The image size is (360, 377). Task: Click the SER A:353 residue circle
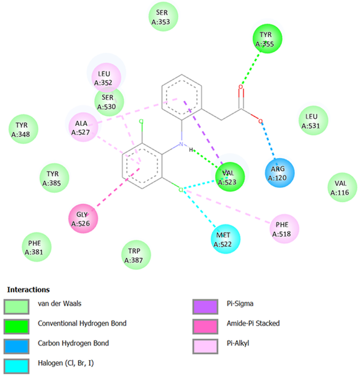pyautogui.click(x=164, y=17)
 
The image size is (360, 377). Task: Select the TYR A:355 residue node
pyautogui.click(x=267, y=38)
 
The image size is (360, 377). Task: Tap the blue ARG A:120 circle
pyautogui.click(x=279, y=173)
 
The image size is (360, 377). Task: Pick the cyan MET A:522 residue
pyautogui.click(x=226, y=239)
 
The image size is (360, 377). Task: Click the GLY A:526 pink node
pyautogui.click(x=83, y=218)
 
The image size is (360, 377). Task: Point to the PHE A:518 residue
pyautogui.click(x=284, y=229)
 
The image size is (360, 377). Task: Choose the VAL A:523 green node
pyautogui.click(x=230, y=177)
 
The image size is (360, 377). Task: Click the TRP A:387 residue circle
pyautogui.click(x=136, y=255)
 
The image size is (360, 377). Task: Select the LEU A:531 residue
pyautogui.click(x=314, y=120)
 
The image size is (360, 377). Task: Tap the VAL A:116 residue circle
pyautogui.click(x=342, y=187)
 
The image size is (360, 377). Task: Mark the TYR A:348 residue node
pyautogui.click(x=24, y=129)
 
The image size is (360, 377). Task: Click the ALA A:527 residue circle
pyautogui.click(x=84, y=127)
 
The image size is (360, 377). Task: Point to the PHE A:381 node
pyautogui.click(x=37, y=247)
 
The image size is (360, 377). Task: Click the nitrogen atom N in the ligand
pyautogui.click(x=181, y=144)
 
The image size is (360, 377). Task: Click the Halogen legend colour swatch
pyautogui.click(x=16, y=366)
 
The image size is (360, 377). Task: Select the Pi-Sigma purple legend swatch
pyautogui.click(x=205, y=306)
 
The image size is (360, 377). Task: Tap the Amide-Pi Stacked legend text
pyautogui.click(x=253, y=324)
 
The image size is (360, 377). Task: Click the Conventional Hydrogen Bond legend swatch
pyautogui.click(x=16, y=326)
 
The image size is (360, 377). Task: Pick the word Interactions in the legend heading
pyautogui.click(x=29, y=290)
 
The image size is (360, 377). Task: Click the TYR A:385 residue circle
pyautogui.click(x=55, y=178)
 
